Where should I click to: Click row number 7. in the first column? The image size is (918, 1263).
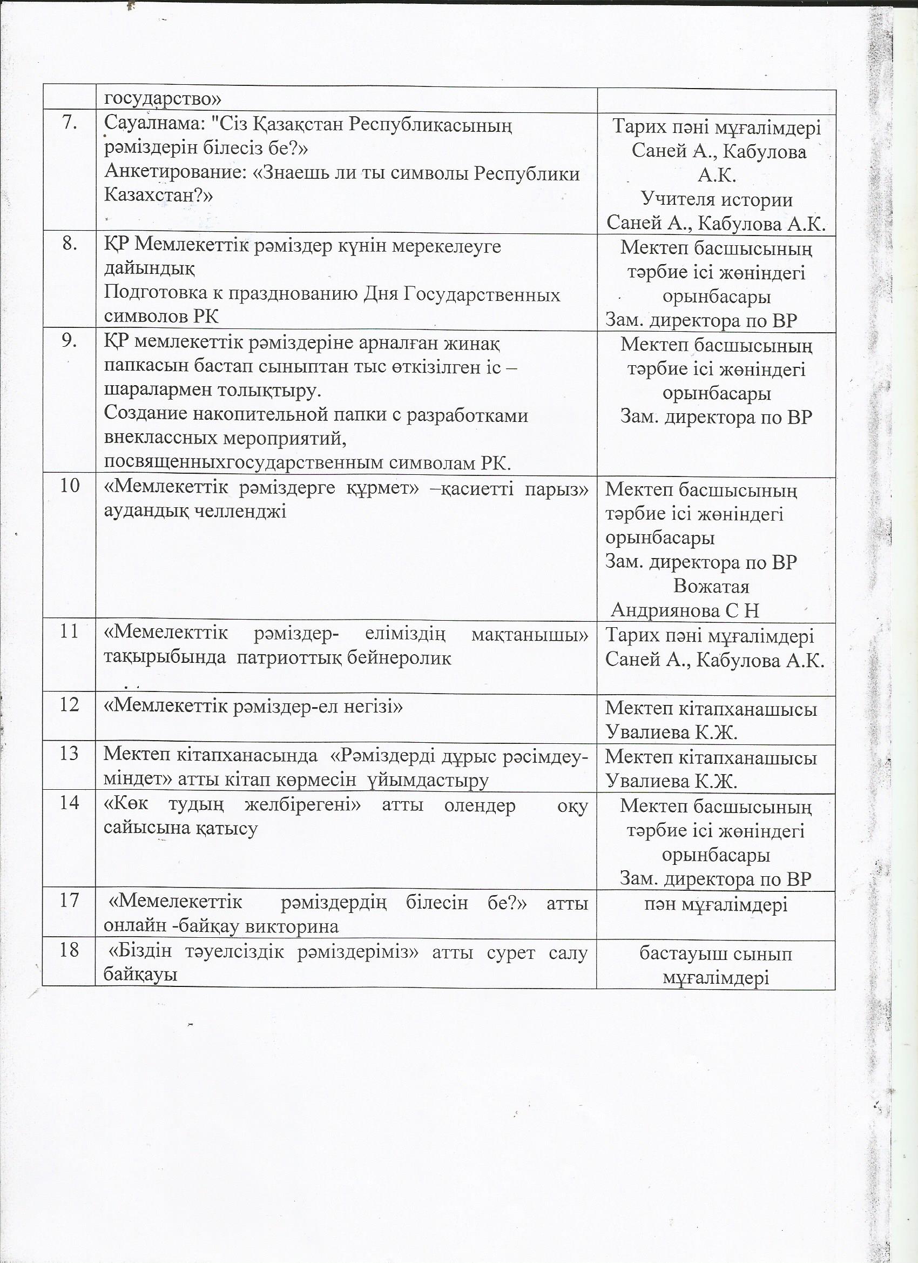point(69,124)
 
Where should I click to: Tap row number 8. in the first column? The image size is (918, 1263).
point(69,245)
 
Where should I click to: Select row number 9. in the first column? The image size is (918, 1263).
point(69,341)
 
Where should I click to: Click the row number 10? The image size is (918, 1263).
point(69,485)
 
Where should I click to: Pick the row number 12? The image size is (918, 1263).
point(69,705)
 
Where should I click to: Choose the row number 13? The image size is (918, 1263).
point(69,754)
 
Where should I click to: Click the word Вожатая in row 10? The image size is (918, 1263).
point(712,587)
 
